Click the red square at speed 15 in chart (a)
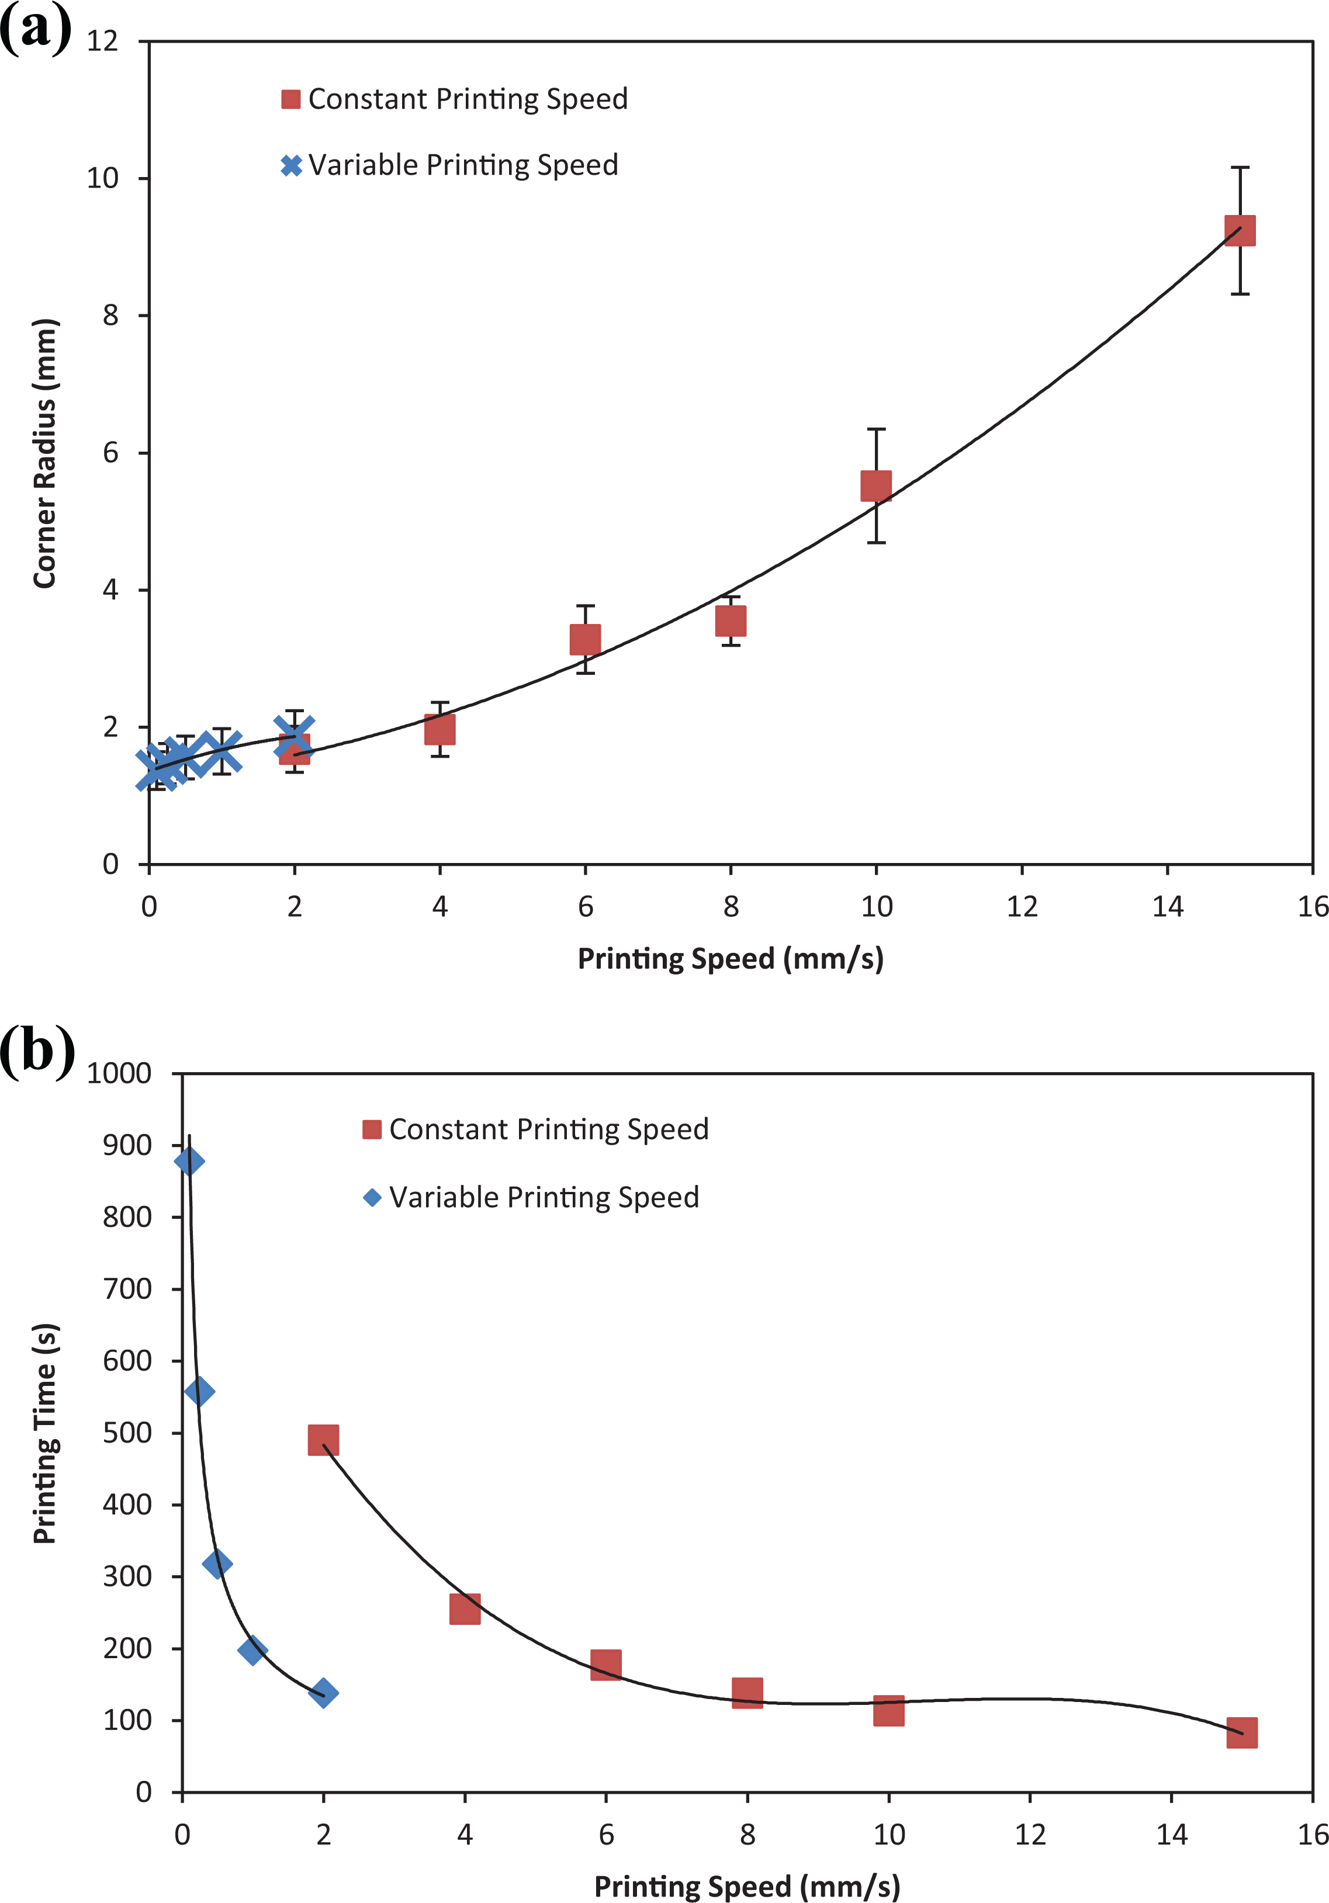(1240, 230)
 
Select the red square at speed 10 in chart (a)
(876, 487)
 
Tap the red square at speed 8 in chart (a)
(731, 621)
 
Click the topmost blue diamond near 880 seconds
(189, 1161)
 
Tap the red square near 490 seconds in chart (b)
(323, 1440)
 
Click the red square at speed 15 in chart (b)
(1241, 1732)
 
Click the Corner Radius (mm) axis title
(45, 453)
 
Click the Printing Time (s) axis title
(45, 1433)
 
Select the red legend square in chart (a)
(291, 99)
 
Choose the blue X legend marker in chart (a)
(291, 166)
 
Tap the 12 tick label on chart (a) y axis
(103, 41)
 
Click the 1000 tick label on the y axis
(119, 1073)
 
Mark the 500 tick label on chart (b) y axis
(127, 1433)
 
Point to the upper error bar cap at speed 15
(1240, 168)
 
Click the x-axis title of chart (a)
(731, 959)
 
